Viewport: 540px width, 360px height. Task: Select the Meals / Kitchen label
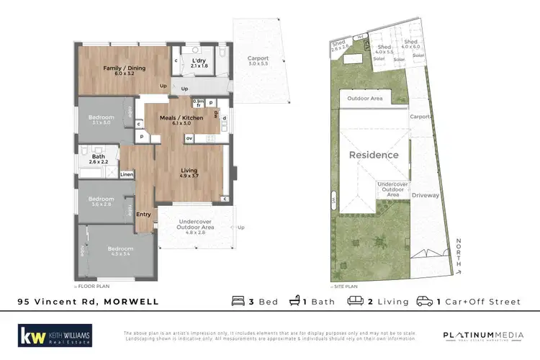(182, 120)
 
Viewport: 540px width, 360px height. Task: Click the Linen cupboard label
(126, 174)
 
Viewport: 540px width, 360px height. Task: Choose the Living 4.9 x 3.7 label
(188, 174)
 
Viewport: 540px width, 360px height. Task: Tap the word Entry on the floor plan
(144, 214)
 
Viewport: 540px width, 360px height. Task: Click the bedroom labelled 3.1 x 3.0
(101, 120)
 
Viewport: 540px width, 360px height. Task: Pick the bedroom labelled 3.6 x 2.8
(101, 202)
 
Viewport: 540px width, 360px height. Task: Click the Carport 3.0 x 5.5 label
(258, 61)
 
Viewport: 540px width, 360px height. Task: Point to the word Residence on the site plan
(374, 155)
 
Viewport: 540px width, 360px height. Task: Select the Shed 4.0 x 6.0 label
(410, 45)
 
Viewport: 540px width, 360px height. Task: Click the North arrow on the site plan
(459, 256)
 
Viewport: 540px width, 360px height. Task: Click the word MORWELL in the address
(131, 302)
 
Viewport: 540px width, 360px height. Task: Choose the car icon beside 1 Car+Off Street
(425, 301)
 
